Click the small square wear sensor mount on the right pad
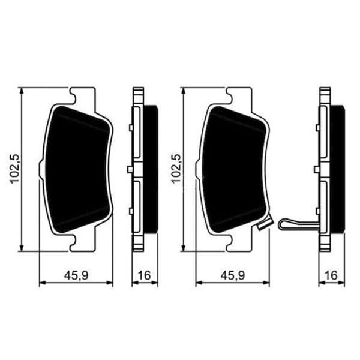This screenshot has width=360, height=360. click(262, 227)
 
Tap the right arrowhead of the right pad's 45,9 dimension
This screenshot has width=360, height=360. click(269, 283)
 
